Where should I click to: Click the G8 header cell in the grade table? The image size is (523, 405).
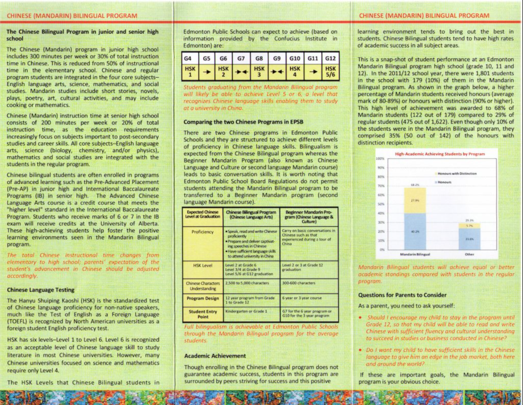tap(259, 58)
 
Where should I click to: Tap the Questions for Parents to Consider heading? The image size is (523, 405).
tap(402, 295)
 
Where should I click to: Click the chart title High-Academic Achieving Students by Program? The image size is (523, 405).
tap(440, 154)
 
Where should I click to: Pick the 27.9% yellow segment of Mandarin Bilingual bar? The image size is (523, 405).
tap(415, 201)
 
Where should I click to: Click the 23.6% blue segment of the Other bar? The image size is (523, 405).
tap(469, 239)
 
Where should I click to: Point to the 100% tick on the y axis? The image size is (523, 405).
tap(380, 159)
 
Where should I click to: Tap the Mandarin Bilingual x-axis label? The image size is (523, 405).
tap(415, 254)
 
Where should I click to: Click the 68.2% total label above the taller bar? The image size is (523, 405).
tap(415, 184)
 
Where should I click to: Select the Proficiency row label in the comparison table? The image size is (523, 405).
tap(203, 232)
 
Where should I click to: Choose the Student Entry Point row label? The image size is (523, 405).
tap(203, 313)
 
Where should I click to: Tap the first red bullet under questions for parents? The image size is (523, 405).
tap(361, 317)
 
